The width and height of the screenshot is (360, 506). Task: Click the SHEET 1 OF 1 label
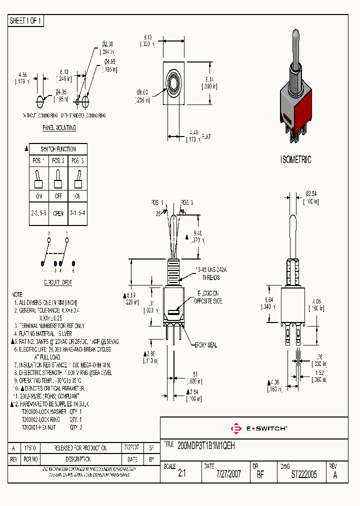coord(26,21)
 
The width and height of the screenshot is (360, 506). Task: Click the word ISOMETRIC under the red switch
coord(295,160)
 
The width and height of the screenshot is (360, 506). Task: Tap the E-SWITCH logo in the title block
coord(258,428)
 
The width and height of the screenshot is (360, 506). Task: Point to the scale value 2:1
coord(181,474)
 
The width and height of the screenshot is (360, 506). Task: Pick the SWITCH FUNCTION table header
coord(58,149)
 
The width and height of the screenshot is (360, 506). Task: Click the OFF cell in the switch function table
coord(58,196)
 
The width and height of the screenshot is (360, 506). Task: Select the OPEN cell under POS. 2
coord(58,213)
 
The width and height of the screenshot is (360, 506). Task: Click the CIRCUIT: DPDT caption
coord(58,282)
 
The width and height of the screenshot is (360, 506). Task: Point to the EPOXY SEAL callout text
coord(207,345)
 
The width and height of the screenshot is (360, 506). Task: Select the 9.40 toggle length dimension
coord(197,233)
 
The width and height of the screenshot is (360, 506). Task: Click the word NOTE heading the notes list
coord(17,295)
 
